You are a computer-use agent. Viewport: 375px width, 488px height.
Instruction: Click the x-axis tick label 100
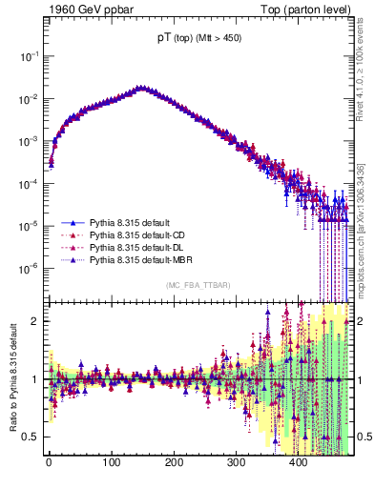(111, 463)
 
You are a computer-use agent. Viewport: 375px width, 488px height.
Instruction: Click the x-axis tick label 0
(49, 463)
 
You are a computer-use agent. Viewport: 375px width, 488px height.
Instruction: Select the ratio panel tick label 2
(36, 321)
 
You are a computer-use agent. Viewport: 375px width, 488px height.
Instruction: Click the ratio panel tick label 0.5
(32, 437)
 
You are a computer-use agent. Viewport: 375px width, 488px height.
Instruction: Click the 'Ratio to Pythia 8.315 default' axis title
(13, 378)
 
